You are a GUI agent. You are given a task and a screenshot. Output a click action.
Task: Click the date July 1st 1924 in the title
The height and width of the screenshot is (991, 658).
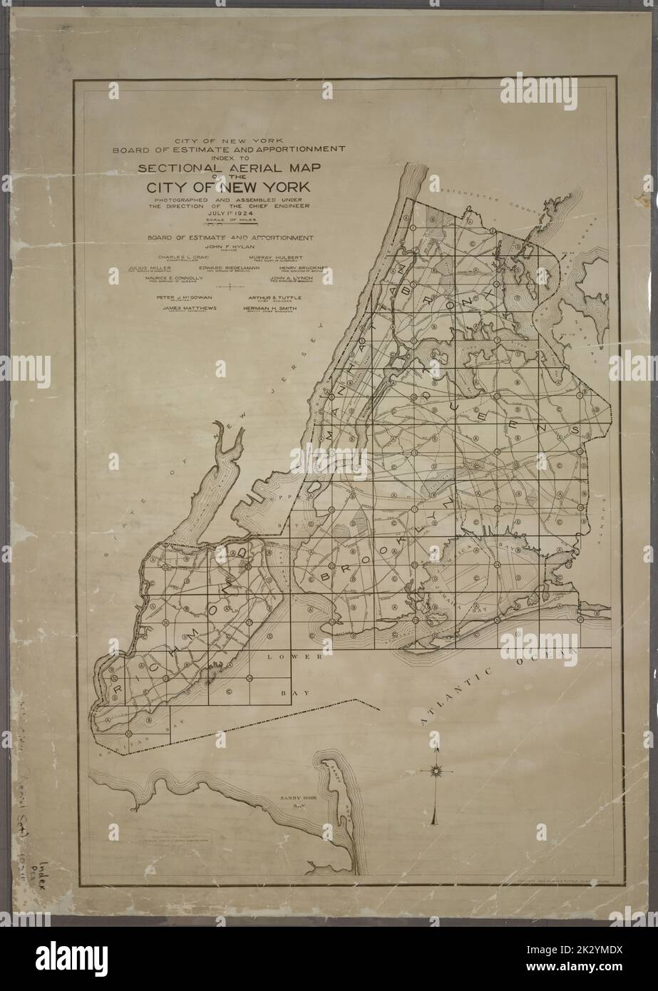click(x=228, y=212)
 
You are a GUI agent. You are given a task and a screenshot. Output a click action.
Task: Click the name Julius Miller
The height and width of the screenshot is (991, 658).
click(x=149, y=267)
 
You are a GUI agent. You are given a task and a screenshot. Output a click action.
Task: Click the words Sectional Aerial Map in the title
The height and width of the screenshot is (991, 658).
click(x=228, y=168)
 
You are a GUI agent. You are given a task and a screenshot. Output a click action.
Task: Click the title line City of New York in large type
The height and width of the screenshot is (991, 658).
click(x=228, y=188)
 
